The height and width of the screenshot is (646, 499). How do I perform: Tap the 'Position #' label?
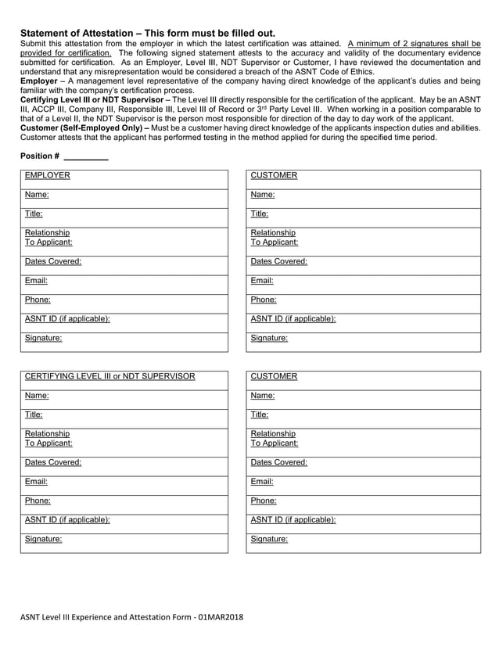point(39,156)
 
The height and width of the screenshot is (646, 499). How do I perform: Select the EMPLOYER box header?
point(47,176)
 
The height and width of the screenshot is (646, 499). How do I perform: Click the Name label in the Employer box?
point(37,195)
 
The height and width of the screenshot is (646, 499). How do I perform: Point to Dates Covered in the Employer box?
point(52,262)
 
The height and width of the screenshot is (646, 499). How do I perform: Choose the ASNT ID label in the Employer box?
point(66,319)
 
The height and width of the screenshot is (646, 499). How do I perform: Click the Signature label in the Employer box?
point(43,339)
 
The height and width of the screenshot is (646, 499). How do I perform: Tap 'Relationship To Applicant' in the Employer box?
point(48,238)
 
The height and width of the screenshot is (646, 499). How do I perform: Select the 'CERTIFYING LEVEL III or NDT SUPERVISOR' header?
point(109,377)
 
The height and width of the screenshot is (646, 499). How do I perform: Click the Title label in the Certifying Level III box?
point(34,415)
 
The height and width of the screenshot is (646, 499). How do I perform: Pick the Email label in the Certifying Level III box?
point(36,482)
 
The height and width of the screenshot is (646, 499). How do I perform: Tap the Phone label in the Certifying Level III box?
point(38,501)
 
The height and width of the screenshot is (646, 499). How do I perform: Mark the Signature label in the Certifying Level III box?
point(43,539)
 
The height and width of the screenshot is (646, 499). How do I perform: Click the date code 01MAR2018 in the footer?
point(221,618)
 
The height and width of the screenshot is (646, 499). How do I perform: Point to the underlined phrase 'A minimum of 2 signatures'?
point(398,42)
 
